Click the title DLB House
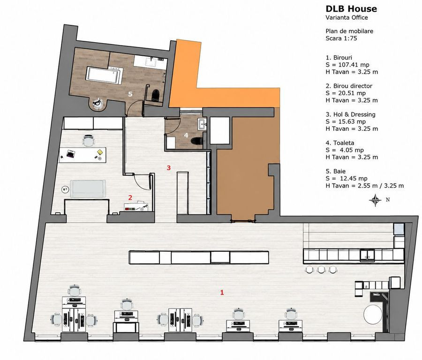(x=351, y=9)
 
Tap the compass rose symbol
(x=375, y=200)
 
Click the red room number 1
(x=222, y=292)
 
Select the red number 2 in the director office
(x=130, y=197)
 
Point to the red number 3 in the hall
(x=169, y=168)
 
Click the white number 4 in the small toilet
(x=186, y=135)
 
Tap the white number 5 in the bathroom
(x=130, y=94)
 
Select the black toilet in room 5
(x=156, y=94)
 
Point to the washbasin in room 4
(x=202, y=124)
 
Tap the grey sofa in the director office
(x=88, y=189)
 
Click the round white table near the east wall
(x=373, y=314)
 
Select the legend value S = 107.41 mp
(x=347, y=65)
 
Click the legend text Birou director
(x=353, y=86)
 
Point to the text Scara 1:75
(x=341, y=38)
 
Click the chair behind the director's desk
(x=89, y=141)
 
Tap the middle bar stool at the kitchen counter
(x=321, y=270)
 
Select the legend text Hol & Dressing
(x=354, y=114)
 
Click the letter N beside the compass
(x=388, y=200)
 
